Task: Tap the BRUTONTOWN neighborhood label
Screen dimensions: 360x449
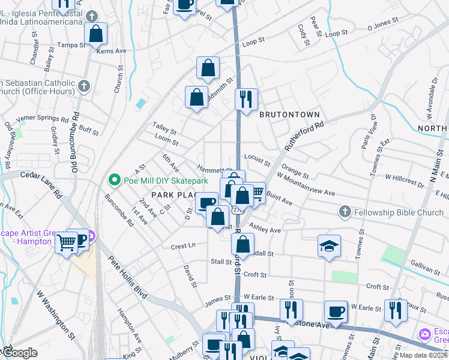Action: pos(289,114)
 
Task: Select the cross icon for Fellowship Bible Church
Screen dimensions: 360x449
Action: pos(345,211)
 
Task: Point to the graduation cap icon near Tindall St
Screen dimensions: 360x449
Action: pos(329,245)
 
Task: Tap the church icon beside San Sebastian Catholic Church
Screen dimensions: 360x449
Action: pos(83,86)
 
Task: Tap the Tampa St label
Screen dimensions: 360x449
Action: pos(70,46)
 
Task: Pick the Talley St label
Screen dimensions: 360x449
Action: pos(164,131)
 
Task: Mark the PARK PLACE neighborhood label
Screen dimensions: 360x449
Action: pos(174,195)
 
